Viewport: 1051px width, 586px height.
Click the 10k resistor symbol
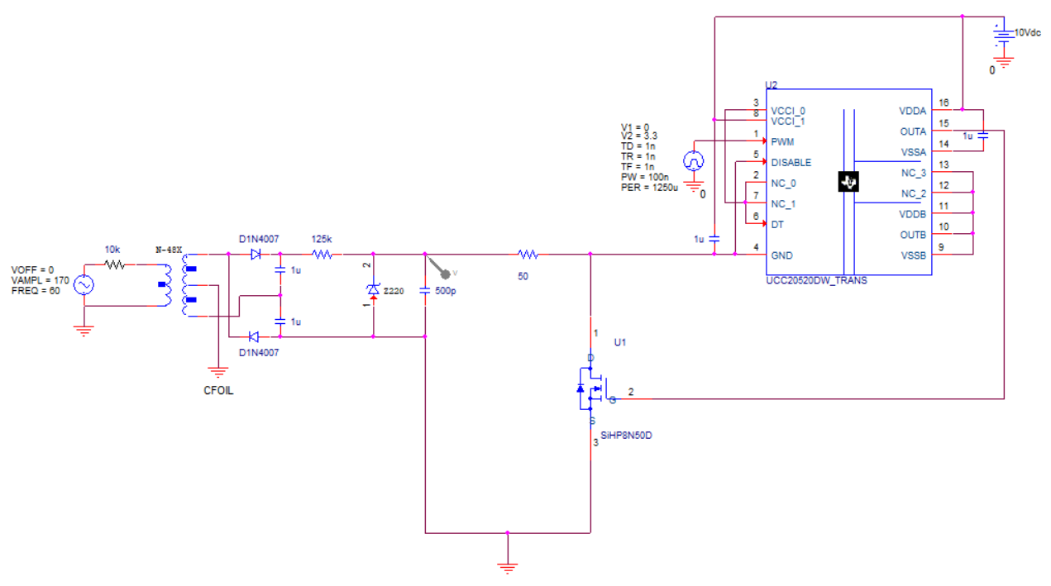coord(114,264)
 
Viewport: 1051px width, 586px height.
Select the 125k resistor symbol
coord(322,255)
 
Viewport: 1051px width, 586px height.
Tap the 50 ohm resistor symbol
coord(528,255)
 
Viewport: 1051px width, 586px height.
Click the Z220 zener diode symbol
coord(374,290)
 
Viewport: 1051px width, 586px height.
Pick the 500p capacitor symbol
coord(425,291)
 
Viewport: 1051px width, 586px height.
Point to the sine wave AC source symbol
coord(84,285)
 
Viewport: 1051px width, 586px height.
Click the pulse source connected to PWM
coord(694,161)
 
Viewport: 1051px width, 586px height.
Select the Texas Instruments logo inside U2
coord(848,182)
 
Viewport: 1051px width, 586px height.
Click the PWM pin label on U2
coord(782,142)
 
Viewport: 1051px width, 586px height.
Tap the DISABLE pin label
coord(791,163)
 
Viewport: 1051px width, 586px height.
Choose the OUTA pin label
coord(913,131)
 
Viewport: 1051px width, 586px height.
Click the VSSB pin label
coord(914,255)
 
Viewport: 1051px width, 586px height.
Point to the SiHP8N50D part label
coord(626,436)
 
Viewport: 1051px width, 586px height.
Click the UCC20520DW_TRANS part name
coord(816,281)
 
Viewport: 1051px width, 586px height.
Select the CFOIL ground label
coord(218,390)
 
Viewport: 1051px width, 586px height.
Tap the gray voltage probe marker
coord(443,272)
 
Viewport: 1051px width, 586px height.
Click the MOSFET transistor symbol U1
coord(594,389)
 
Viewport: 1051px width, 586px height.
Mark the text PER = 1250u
coord(649,188)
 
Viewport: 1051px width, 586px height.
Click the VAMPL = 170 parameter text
coord(41,280)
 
